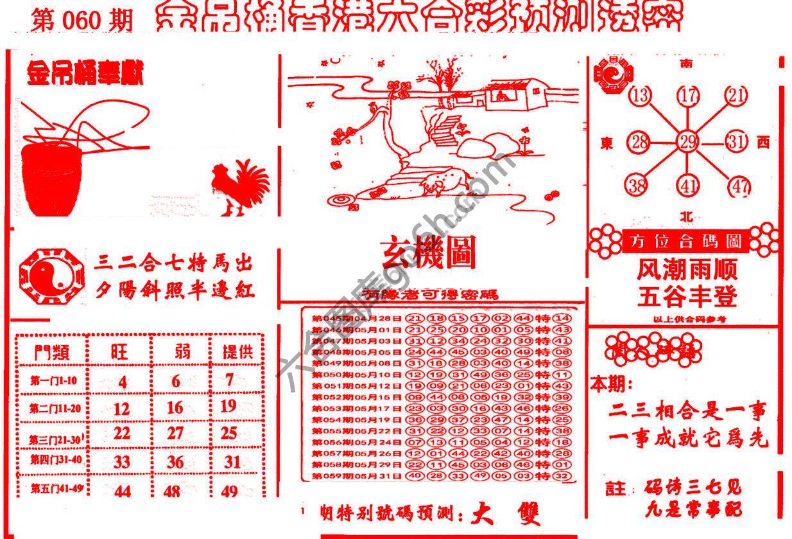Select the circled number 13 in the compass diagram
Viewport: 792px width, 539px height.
click(x=640, y=96)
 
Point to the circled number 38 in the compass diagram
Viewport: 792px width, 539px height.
click(x=637, y=186)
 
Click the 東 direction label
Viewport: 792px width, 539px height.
click(x=607, y=143)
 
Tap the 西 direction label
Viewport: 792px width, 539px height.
click(x=763, y=142)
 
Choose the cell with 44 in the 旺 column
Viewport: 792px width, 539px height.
click(x=122, y=491)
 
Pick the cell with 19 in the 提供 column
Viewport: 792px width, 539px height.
click(x=228, y=406)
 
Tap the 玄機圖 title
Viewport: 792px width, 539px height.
click(x=429, y=253)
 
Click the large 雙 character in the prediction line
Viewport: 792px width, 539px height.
click(x=522, y=514)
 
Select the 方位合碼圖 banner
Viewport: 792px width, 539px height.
click(x=684, y=241)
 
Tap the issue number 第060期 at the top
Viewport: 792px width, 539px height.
click(x=82, y=21)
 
